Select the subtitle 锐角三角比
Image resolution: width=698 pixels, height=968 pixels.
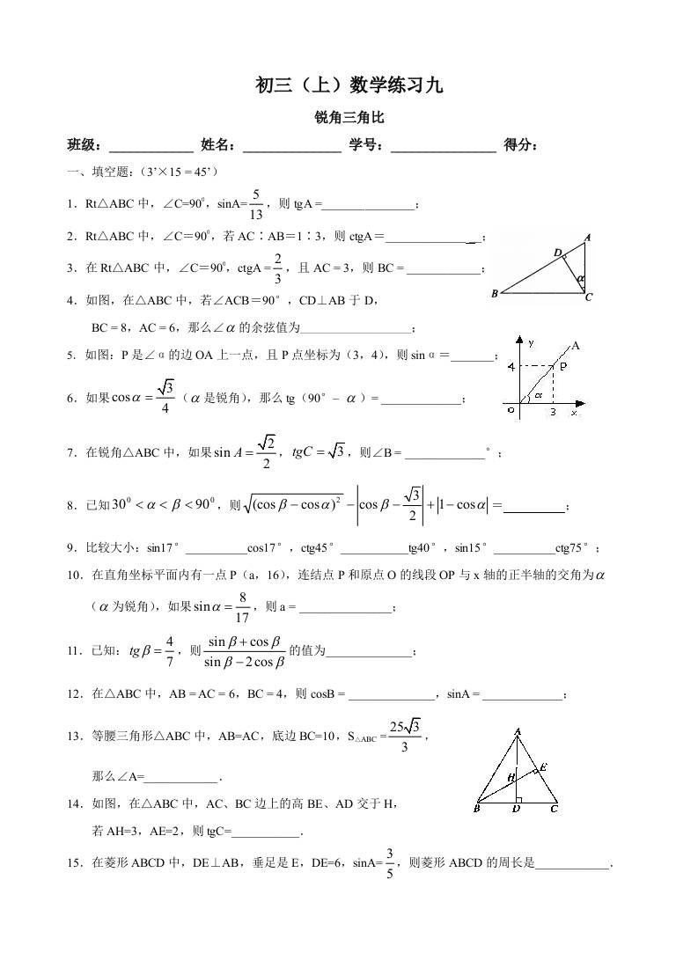(349, 117)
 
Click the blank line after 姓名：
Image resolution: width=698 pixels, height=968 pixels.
(291, 146)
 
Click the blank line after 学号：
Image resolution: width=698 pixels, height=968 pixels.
(443, 146)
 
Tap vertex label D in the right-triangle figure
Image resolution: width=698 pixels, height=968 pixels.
(557, 253)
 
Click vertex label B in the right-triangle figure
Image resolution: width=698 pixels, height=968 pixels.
(495, 294)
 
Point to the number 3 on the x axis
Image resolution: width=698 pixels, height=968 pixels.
(553, 411)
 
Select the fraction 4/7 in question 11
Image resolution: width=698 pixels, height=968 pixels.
(170, 651)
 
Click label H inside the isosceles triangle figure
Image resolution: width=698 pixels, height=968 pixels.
(511, 777)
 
